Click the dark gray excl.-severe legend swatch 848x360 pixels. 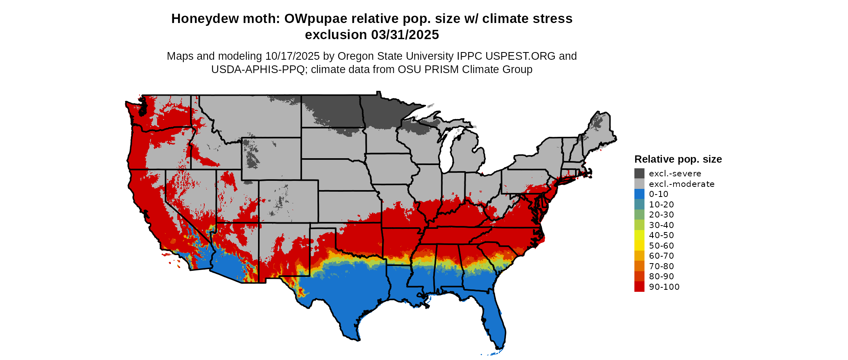tap(639, 174)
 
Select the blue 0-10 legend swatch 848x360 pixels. tap(639, 194)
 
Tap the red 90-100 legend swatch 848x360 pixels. tap(639, 287)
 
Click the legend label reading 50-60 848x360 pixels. tap(661, 246)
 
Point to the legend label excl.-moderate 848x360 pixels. tap(682, 184)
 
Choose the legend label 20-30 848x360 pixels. tap(661, 215)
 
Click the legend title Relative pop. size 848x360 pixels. tap(678, 159)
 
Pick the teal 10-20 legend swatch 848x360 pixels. tap(639, 205)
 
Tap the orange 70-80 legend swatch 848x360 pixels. tap(639, 266)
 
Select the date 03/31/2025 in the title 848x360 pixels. tap(405, 35)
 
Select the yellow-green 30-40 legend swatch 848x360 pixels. tap(639, 225)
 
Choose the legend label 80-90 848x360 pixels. tap(661, 276)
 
